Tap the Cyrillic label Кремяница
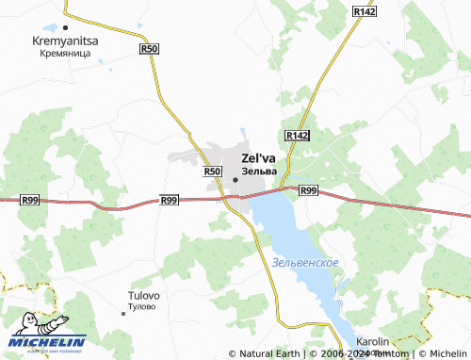pos(64,55)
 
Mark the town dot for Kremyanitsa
pos(64,28)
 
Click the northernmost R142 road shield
pos(364,10)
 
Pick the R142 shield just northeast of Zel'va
pos(297,136)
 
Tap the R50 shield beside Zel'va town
pos(211,172)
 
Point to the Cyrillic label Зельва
pos(259,172)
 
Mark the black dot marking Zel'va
pos(235,178)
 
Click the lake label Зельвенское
pos(304,261)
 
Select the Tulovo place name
pos(143,296)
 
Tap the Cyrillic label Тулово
pos(143,307)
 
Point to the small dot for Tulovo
pos(124,313)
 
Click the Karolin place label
pos(374,342)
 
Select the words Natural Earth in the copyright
pos(268,353)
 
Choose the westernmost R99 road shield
pos(29,200)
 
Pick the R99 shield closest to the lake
pos(308,190)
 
